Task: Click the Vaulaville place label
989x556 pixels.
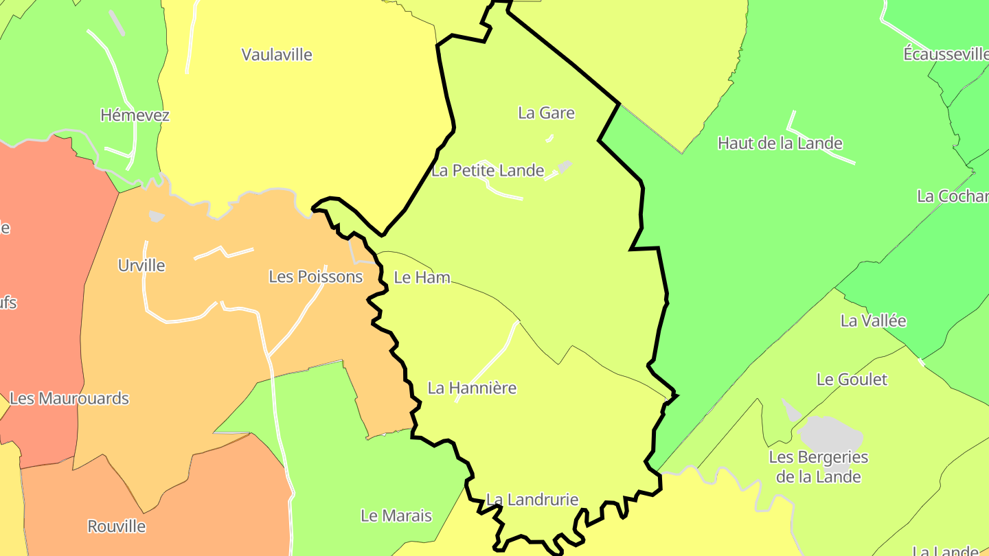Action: (x=277, y=55)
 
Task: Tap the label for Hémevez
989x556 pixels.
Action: (x=135, y=115)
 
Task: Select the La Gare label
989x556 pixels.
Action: (x=546, y=113)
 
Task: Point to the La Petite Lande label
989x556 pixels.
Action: (x=488, y=171)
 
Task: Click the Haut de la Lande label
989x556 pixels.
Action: (x=780, y=143)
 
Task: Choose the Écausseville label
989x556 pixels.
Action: (x=946, y=54)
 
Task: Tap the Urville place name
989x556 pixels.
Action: (x=141, y=266)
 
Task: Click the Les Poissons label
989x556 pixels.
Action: (x=315, y=277)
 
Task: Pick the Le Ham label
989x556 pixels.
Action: (x=422, y=277)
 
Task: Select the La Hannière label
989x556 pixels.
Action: (x=472, y=389)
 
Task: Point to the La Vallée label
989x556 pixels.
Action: (x=873, y=321)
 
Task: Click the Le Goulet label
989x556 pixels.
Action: (x=852, y=380)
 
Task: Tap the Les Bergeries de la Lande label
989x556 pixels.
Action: (x=818, y=467)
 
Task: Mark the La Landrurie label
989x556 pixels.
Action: (x=532, y=500)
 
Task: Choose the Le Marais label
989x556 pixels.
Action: (x=396, y=516)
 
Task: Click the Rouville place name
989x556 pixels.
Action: (x=117, y=526)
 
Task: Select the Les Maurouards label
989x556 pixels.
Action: (x=69, y=399)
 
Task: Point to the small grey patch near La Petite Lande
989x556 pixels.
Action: (x=564, y=166)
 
